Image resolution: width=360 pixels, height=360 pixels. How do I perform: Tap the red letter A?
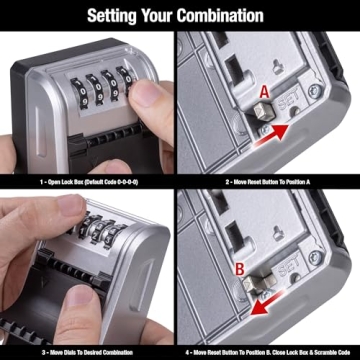263,89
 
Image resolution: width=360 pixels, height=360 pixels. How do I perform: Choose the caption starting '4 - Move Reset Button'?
270,351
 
